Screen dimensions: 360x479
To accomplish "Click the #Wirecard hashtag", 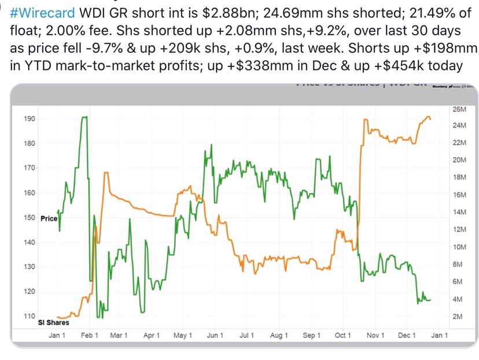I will point(42,13).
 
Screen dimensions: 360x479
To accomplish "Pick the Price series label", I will point(49,219).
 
